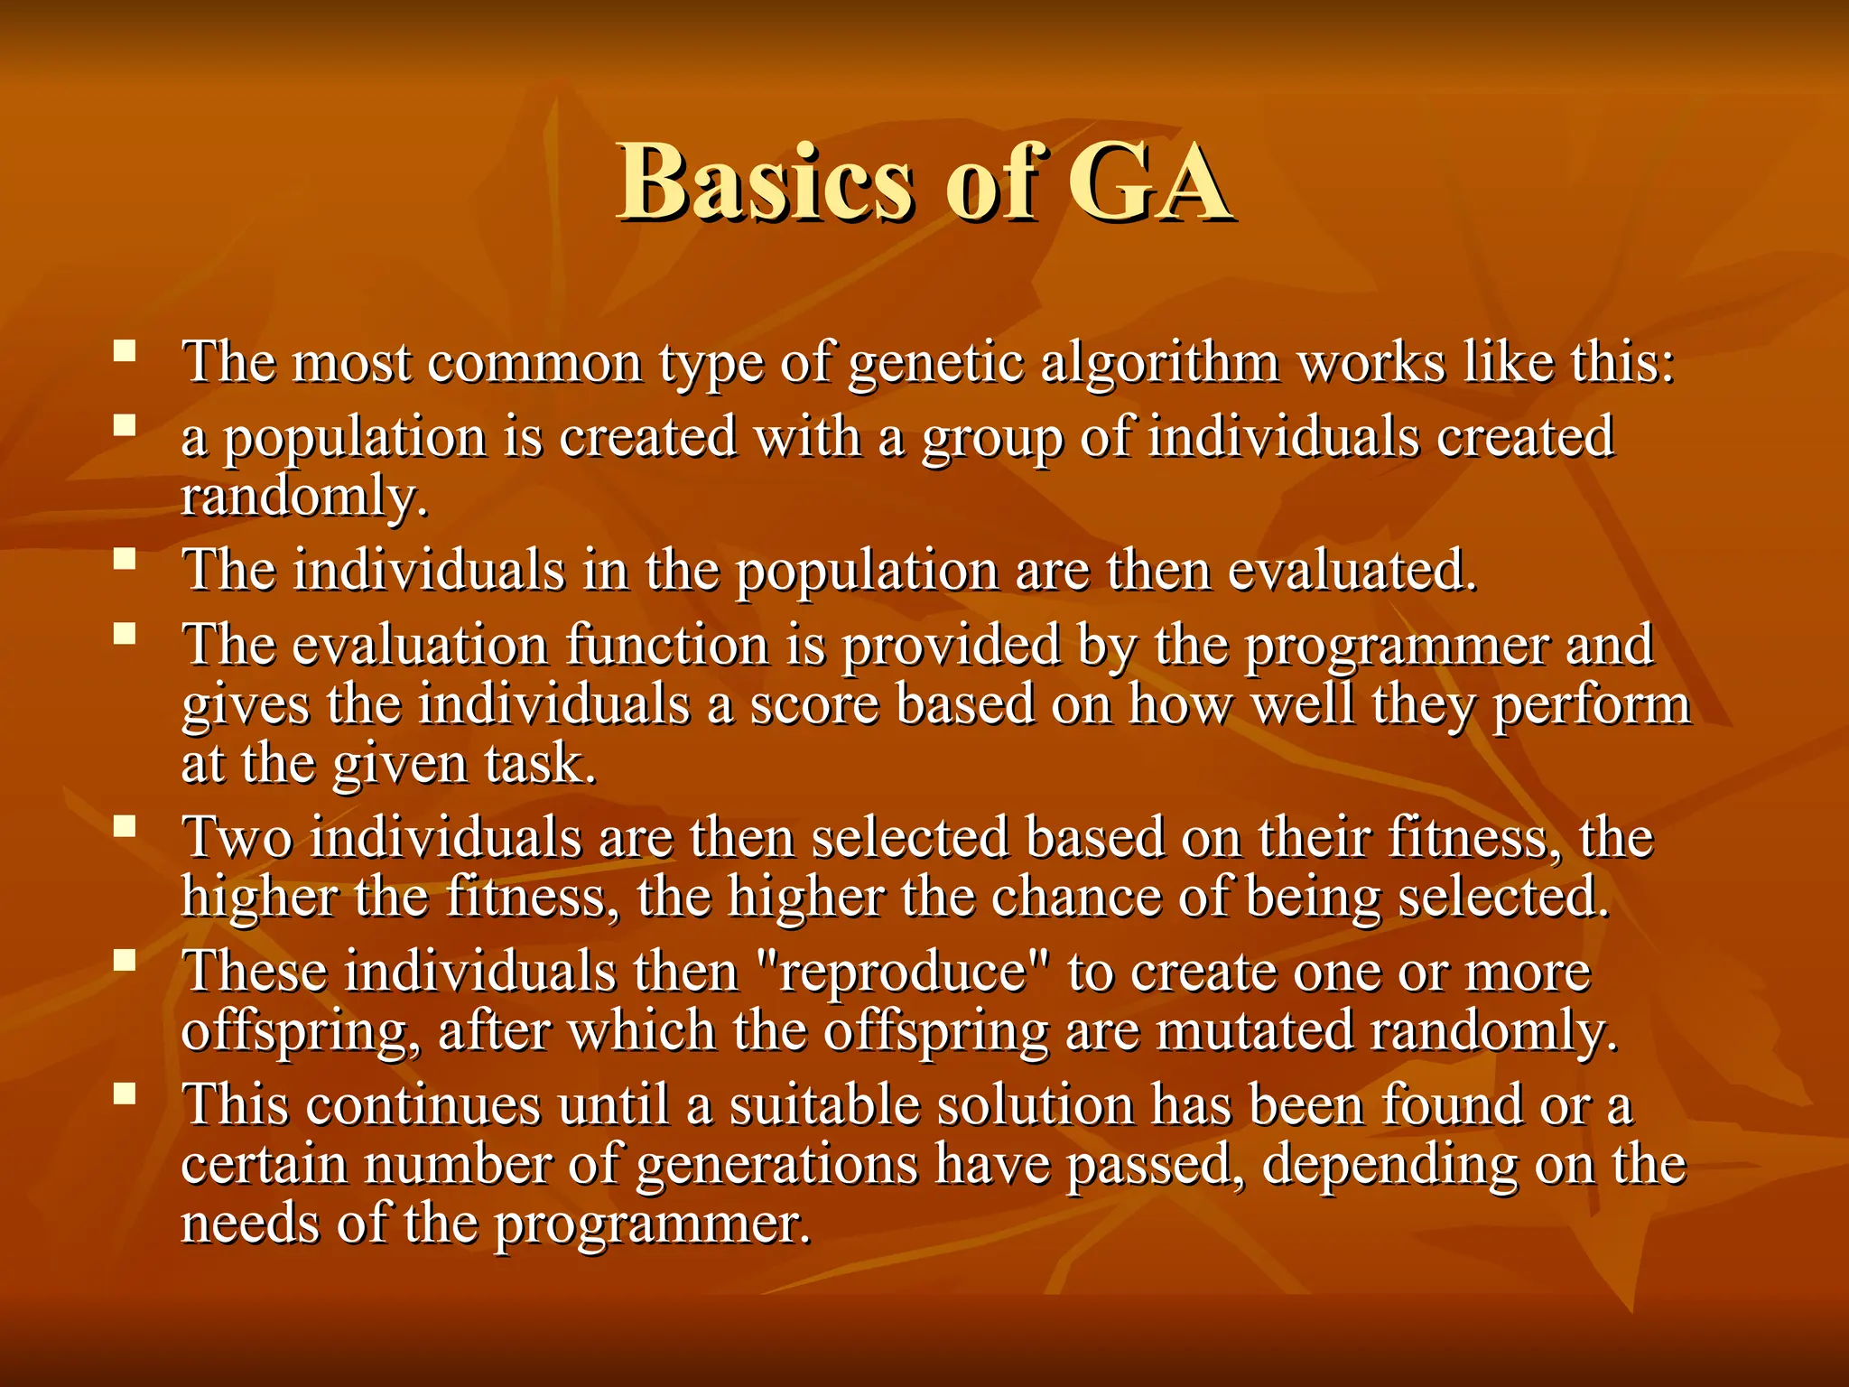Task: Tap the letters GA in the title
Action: (x=1149, y=183)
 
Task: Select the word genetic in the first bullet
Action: (x=936, y=364)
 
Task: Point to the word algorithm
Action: (x=1160, y=364)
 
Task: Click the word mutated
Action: (x=1255, y=1031)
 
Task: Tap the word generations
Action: (x=777, y=1164)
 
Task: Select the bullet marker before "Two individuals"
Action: (x=125, y=825)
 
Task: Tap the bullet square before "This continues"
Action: (x=125, y=1094)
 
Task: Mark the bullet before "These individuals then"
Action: (x=125, y=959)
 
